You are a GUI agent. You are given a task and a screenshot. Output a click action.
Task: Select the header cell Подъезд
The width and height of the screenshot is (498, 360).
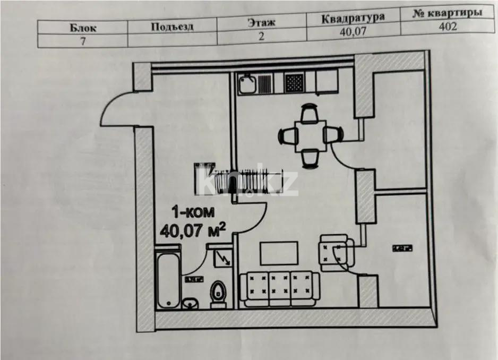click(x=172, y=25)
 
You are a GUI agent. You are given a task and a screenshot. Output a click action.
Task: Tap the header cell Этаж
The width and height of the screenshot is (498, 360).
click(x=261, y=22)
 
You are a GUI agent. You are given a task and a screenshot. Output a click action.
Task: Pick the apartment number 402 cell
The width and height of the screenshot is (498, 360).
click(x=448, y=27)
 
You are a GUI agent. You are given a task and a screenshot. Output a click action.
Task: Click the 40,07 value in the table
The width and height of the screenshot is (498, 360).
click(x=353, y=32)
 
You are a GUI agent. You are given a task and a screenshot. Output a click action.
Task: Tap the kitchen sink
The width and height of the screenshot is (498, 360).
click(x=248, y=83)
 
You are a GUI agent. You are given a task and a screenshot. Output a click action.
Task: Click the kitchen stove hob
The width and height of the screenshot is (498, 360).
click(x=295, y=82)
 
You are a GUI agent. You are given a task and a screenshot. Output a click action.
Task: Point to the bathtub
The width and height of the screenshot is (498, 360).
click(x=168, y=280)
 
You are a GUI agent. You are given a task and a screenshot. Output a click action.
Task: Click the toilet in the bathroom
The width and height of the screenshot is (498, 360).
click(x=217, y=294)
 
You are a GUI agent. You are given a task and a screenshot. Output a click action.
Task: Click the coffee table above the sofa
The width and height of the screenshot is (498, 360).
click(x=279, y=253)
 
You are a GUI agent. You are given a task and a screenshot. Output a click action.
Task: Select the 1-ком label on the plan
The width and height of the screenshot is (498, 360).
click(x=193, y=213)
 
